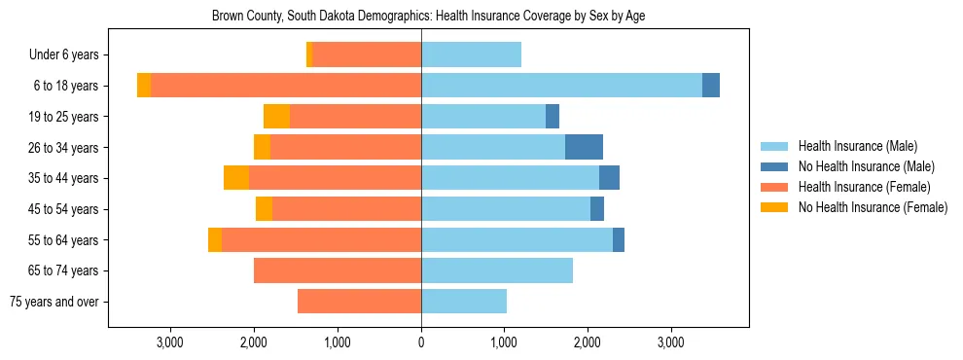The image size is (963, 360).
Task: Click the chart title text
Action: coord(428,17)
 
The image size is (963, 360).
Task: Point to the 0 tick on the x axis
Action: coord(421,342)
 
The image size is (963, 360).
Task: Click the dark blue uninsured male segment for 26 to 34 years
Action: coord(584,147)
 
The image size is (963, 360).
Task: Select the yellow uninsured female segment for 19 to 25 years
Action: coord(276,117)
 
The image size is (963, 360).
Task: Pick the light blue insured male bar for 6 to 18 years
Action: coord(561,86)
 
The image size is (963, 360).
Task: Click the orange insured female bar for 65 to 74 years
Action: coord(338,270)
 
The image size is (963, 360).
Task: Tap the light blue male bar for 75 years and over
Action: coord(464,302)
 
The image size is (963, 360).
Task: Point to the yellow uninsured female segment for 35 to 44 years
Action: coord(236,178)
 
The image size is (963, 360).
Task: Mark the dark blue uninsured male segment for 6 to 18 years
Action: coord(711,86)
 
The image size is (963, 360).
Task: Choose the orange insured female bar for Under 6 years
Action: coord(367,55)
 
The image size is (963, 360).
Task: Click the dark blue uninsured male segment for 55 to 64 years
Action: coord(619,239)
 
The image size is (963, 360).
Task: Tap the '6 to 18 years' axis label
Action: coord(65,86)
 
